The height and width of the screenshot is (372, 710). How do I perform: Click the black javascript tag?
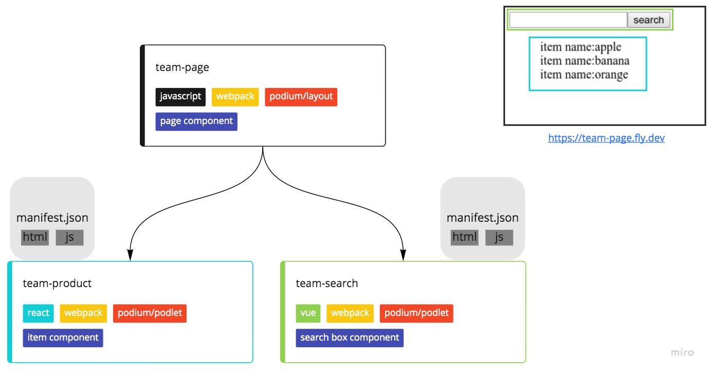180,97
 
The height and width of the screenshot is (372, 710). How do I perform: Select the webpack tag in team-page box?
235,97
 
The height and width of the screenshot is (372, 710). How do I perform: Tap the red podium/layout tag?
301,97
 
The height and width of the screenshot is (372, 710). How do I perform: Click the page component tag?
196,121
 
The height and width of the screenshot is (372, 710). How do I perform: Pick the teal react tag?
38,313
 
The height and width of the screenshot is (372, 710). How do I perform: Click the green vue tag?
308,313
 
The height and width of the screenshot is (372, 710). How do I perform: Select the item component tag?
63,338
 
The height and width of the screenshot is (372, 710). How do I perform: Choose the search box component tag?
350,338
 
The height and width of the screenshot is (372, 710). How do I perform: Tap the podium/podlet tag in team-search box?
416,313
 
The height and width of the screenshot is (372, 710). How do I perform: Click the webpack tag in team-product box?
83,313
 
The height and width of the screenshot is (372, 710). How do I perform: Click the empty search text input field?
568,20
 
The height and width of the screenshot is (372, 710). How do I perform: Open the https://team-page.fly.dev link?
606,138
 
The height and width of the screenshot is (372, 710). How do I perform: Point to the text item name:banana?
585,61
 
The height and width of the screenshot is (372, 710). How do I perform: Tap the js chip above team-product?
69,237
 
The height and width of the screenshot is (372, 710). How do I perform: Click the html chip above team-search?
464,237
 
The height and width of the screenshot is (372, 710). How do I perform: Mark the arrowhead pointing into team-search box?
403,256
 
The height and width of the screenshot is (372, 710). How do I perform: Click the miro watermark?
682,352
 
